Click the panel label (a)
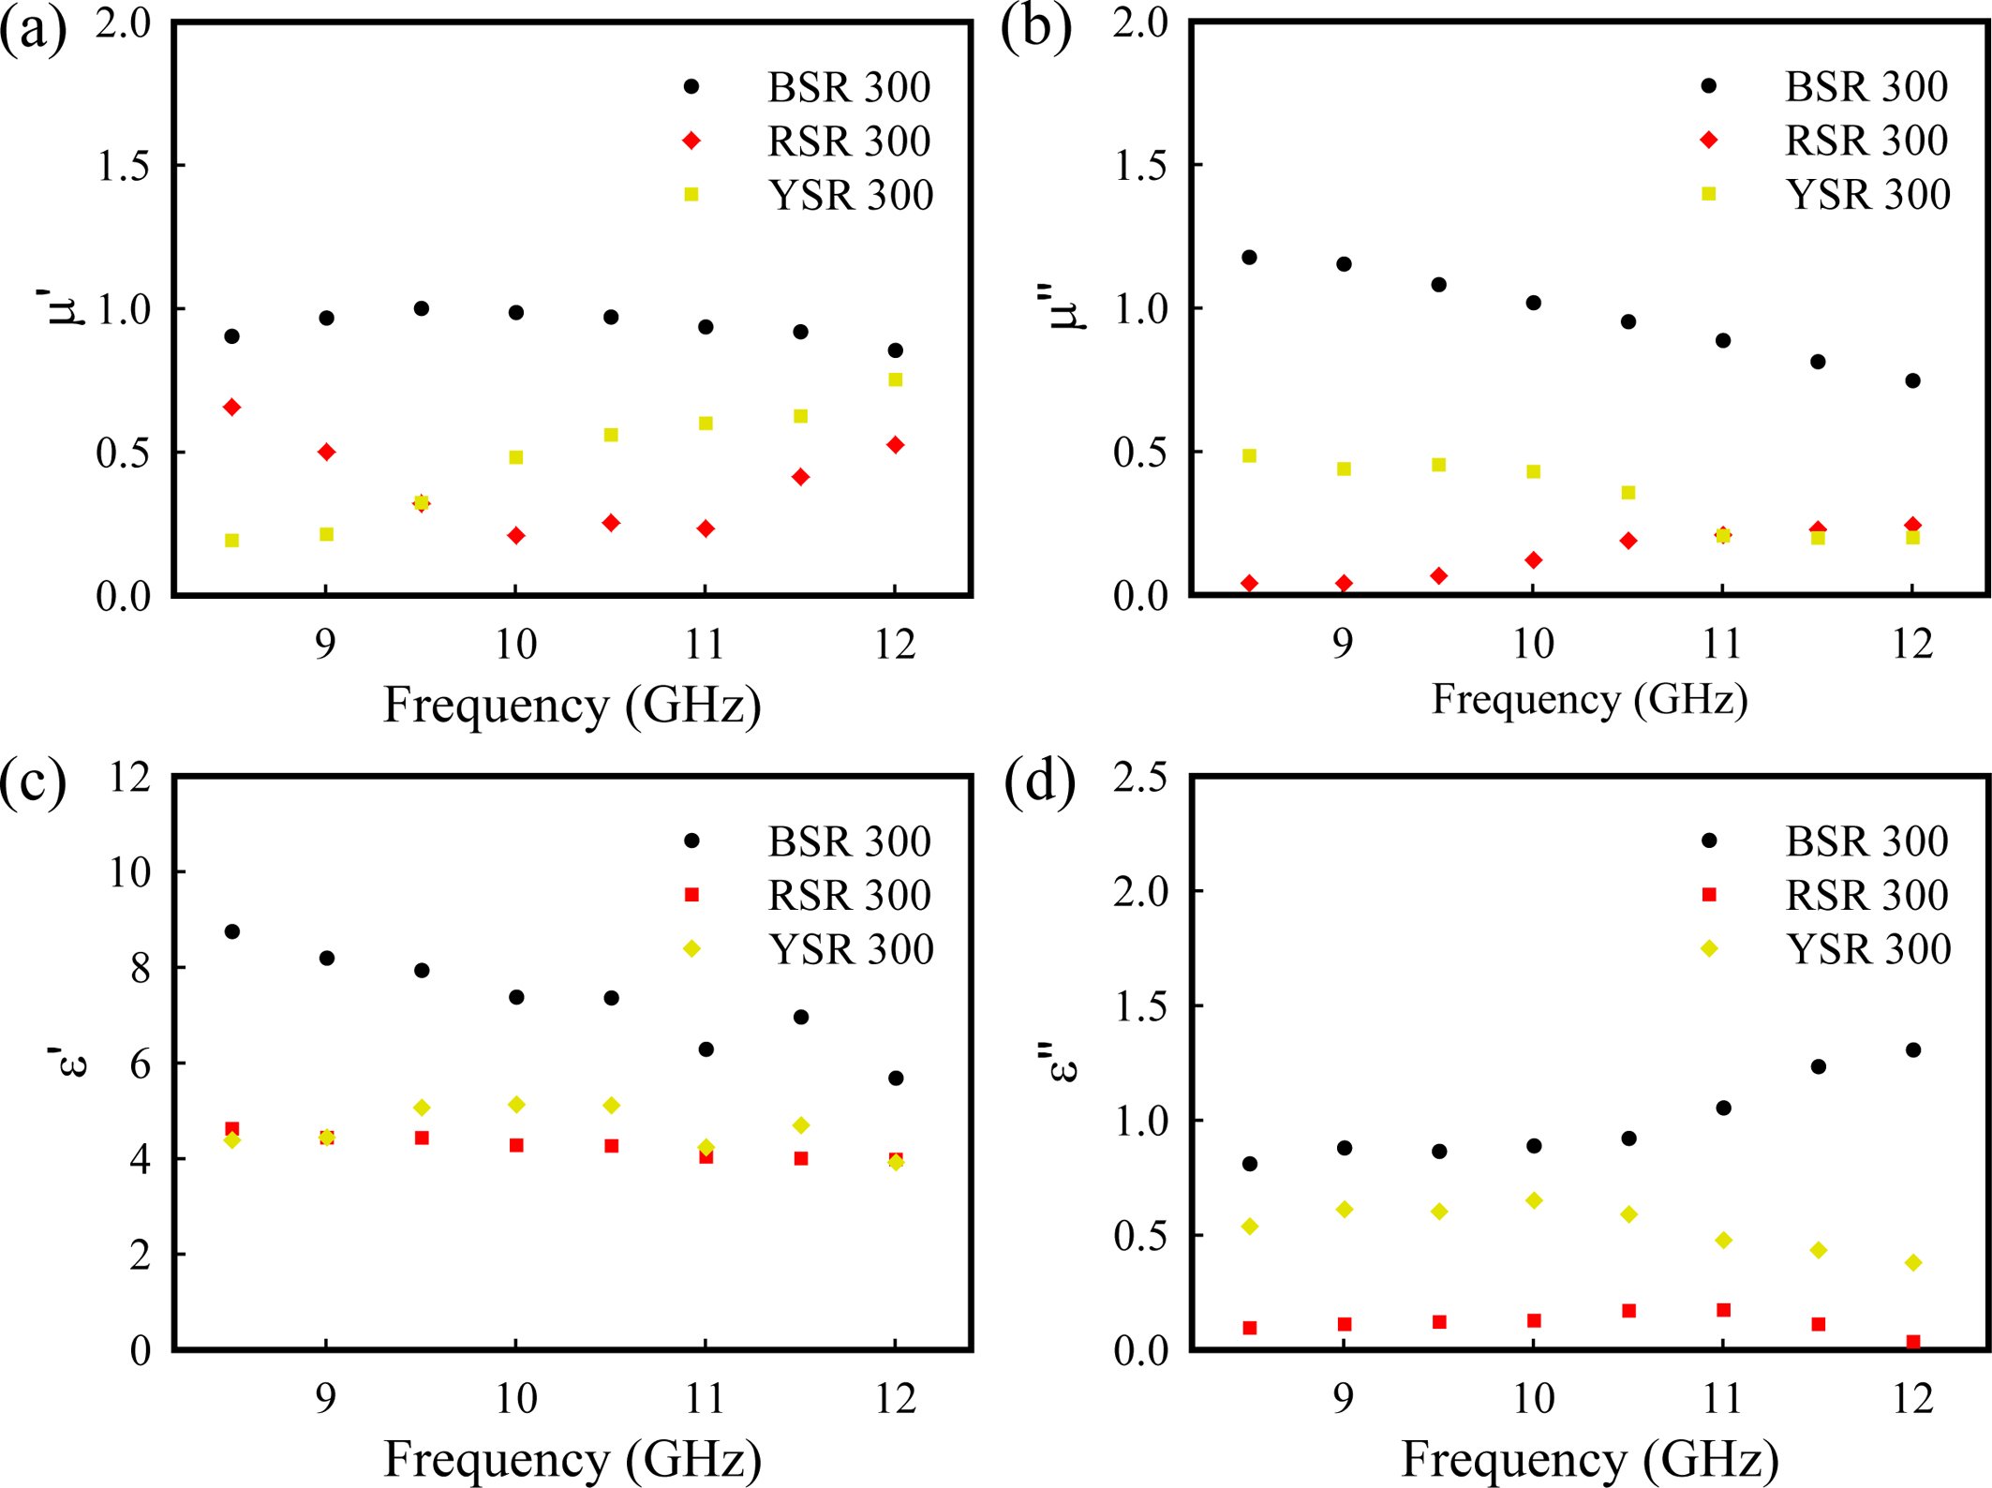(x=34, y=30)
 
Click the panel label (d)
(x=1039, y=781)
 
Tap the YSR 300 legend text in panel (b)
(x=1868, y=195)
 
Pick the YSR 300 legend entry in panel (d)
(x=1868, y=949)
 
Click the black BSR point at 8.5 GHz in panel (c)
(x=232, y=931)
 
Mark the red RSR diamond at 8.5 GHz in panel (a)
(x=232, y=408)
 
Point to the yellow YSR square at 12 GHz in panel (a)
(x=896, y=379)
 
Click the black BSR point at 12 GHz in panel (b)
(x=1913, y=380)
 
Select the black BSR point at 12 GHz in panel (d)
(x=1913, y=1050)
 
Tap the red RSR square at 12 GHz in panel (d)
(x=1913, y=1342)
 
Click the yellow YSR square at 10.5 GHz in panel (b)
(x=1628, y=493)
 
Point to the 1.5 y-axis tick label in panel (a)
(x=124, y=166)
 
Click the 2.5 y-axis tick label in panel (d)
(x=1140, y=777)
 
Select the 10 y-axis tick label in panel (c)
(x=129, y=872)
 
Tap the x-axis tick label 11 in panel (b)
(x=1722, y=645)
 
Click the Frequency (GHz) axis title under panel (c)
(x=572, y=1458)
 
